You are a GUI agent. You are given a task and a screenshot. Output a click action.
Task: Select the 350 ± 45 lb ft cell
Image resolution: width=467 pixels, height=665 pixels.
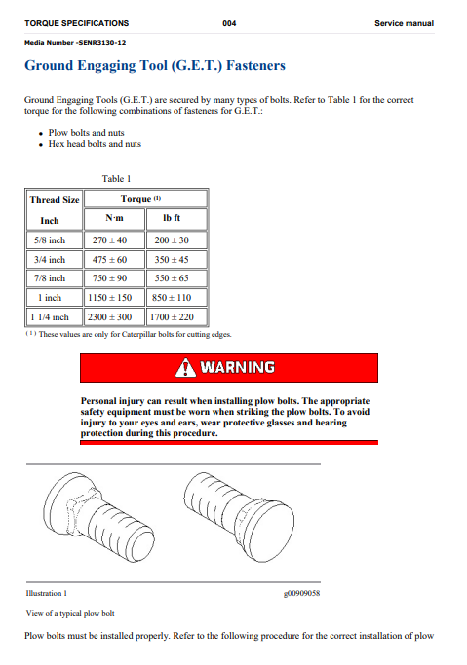point(173,259)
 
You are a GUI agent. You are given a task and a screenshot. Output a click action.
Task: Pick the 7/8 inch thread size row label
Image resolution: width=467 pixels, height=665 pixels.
point(51,278)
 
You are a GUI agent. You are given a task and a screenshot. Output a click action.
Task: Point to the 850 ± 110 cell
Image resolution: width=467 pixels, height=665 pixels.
point(173,297)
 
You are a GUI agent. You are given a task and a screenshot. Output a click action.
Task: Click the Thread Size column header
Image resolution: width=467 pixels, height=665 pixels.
point(54,200)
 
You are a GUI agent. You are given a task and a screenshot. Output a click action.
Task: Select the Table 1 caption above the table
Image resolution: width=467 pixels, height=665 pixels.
point(116,178)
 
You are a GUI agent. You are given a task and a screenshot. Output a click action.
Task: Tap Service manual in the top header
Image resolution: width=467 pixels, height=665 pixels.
point(403,22)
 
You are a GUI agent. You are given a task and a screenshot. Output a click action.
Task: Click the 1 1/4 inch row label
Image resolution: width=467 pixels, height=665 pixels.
point(49,316)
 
